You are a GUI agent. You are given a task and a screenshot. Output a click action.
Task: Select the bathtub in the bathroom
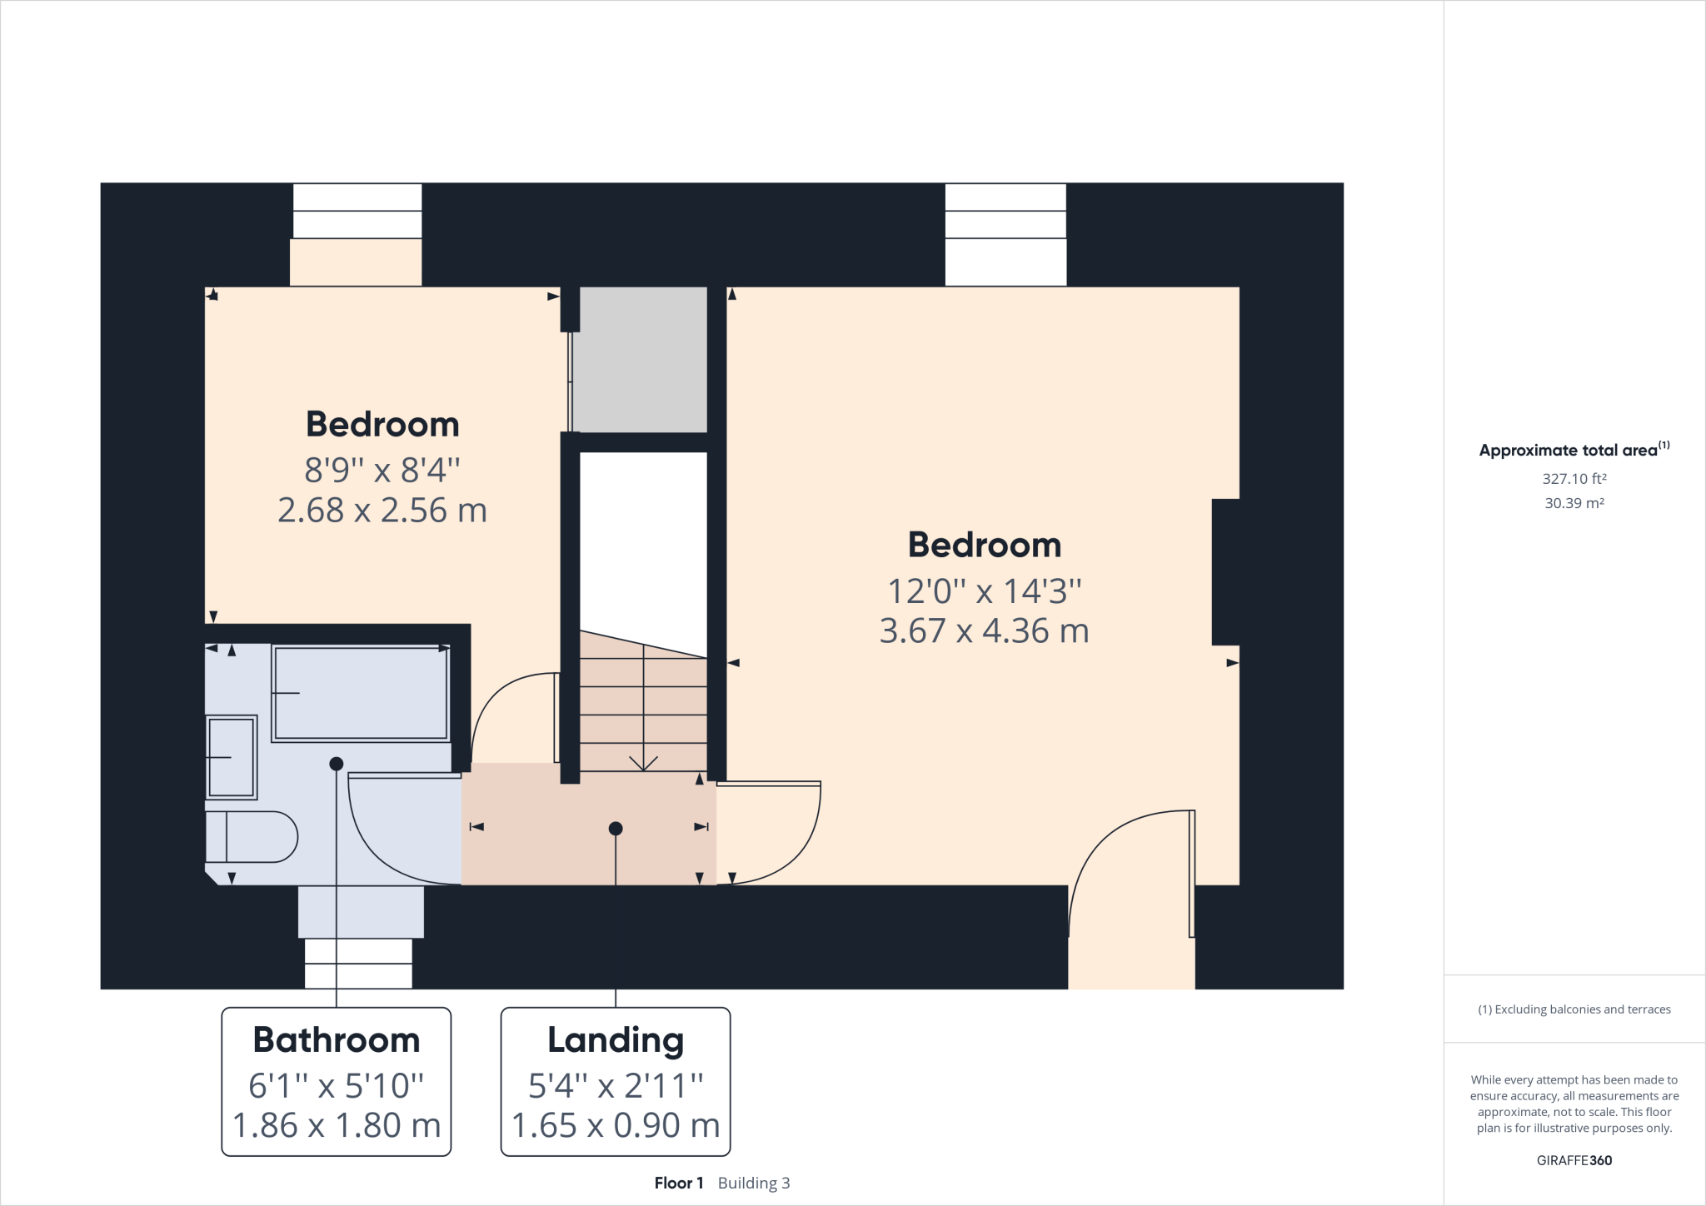click(x=361, y=693)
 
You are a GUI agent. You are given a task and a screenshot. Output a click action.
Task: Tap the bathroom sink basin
click(x=231, y=757)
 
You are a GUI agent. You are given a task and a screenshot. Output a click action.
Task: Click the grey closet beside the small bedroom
click(x=641, y=360)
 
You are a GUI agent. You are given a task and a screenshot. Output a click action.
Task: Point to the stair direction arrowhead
click(x=643, y=763)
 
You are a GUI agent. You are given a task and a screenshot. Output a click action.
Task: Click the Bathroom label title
click(x=337, y=1039)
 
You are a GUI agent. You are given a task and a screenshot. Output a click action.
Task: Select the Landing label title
click(x=616, y=1039)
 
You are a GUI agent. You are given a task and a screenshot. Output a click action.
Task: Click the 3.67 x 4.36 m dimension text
click(x=984, y=631)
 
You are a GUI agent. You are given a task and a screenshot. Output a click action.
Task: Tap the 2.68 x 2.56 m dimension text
click(x=382, y=511)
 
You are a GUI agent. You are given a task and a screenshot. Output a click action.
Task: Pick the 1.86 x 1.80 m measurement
click(x=337, y=1125)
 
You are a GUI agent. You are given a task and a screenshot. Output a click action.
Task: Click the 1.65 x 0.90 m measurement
click(x=616, y=1125)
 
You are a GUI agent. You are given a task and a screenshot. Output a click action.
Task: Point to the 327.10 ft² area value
click(x=1574, y=479)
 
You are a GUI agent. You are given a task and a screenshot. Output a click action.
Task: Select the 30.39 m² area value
click(x=1574, y=503)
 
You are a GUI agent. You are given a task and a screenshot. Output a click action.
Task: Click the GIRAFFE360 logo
click(x=1574, y=1160)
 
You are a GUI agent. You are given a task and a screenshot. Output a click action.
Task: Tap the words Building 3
click(x=754, y=1183)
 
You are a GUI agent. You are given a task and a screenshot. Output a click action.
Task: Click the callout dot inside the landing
click(x=616, y=829)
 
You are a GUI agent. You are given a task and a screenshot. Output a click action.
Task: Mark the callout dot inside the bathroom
click(x=337, y=764)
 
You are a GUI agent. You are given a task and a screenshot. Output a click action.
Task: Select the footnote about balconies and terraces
click(x=1574, y=1009)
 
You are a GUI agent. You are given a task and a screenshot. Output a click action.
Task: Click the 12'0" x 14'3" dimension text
click(x=984, y=591)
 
